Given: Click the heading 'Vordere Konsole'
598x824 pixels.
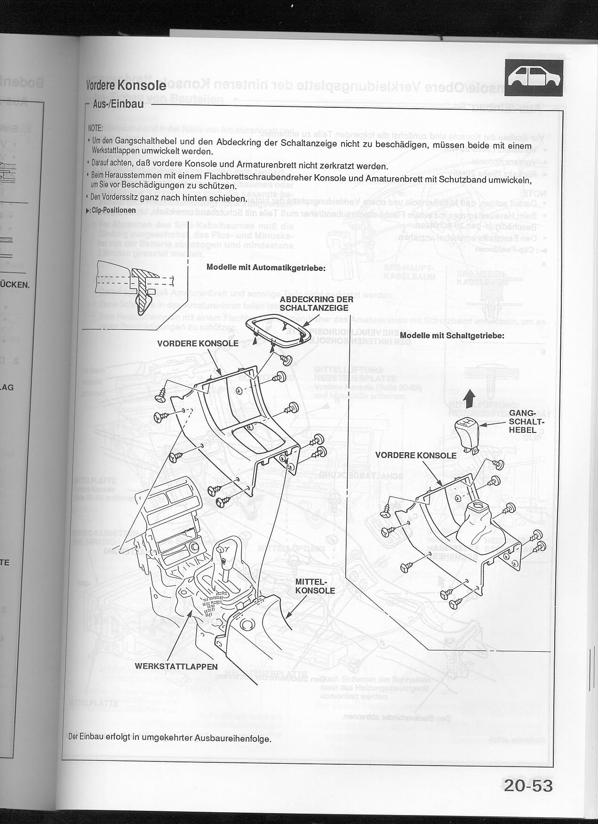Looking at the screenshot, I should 126,85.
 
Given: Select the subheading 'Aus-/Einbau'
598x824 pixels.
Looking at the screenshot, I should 118,104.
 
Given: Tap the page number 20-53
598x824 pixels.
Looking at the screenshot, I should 527,786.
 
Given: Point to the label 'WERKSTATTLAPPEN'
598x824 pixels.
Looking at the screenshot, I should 176,666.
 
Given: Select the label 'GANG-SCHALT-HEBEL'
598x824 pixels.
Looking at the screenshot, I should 522,421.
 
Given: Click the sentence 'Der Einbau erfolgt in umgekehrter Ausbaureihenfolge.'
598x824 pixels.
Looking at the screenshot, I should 170,738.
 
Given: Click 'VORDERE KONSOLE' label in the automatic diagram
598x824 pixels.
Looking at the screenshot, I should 198,344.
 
